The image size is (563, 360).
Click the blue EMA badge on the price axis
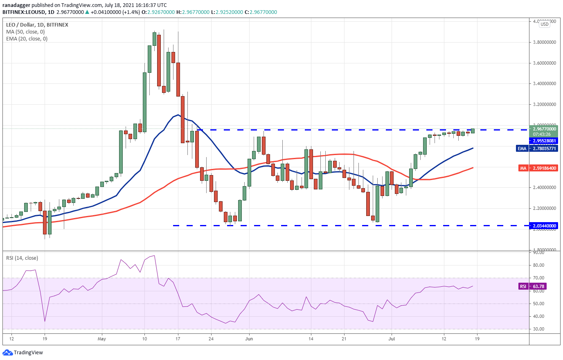[522, 148]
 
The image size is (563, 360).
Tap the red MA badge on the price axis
[523, 168]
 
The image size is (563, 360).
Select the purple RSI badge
[523, 286]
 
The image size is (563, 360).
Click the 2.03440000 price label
[544, 226]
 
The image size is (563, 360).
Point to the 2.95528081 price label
[544, 141]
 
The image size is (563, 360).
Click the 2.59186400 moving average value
[544, 168]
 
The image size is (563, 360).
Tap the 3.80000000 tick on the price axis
[544, 42]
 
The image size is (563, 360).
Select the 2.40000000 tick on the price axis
[544, 187]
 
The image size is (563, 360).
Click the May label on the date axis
[102, 339]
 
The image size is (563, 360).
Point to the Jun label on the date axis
[249, 339]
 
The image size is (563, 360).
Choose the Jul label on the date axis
[392, 339]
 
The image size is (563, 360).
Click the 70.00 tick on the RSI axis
[539, 278]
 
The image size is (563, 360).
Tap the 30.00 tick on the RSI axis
[539, 329]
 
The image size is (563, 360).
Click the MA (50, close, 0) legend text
[25, 32]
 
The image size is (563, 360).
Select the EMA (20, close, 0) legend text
[27, 39]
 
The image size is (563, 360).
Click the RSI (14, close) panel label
[22, 258]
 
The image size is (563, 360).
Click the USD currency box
[545, 24]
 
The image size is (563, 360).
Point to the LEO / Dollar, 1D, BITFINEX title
[37, 25]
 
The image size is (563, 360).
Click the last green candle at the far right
[473, 131]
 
